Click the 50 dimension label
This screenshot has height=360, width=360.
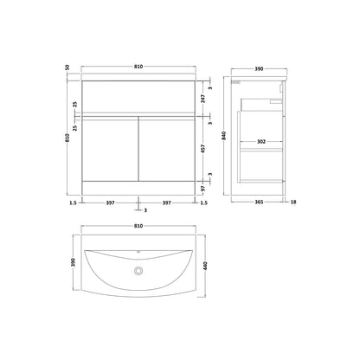[67, 67]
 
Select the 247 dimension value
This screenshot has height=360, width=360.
[203, 99]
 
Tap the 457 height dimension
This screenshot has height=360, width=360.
[203, 149]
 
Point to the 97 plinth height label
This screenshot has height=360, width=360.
[203, 189]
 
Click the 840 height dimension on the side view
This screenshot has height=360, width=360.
[224, 136]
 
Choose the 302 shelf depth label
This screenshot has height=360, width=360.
[261, 142]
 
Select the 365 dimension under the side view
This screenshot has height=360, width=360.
[259, 202]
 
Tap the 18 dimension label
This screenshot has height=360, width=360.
[293, 202]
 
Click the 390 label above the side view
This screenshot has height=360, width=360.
[259, 69]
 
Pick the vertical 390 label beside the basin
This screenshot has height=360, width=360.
[74, 262]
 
